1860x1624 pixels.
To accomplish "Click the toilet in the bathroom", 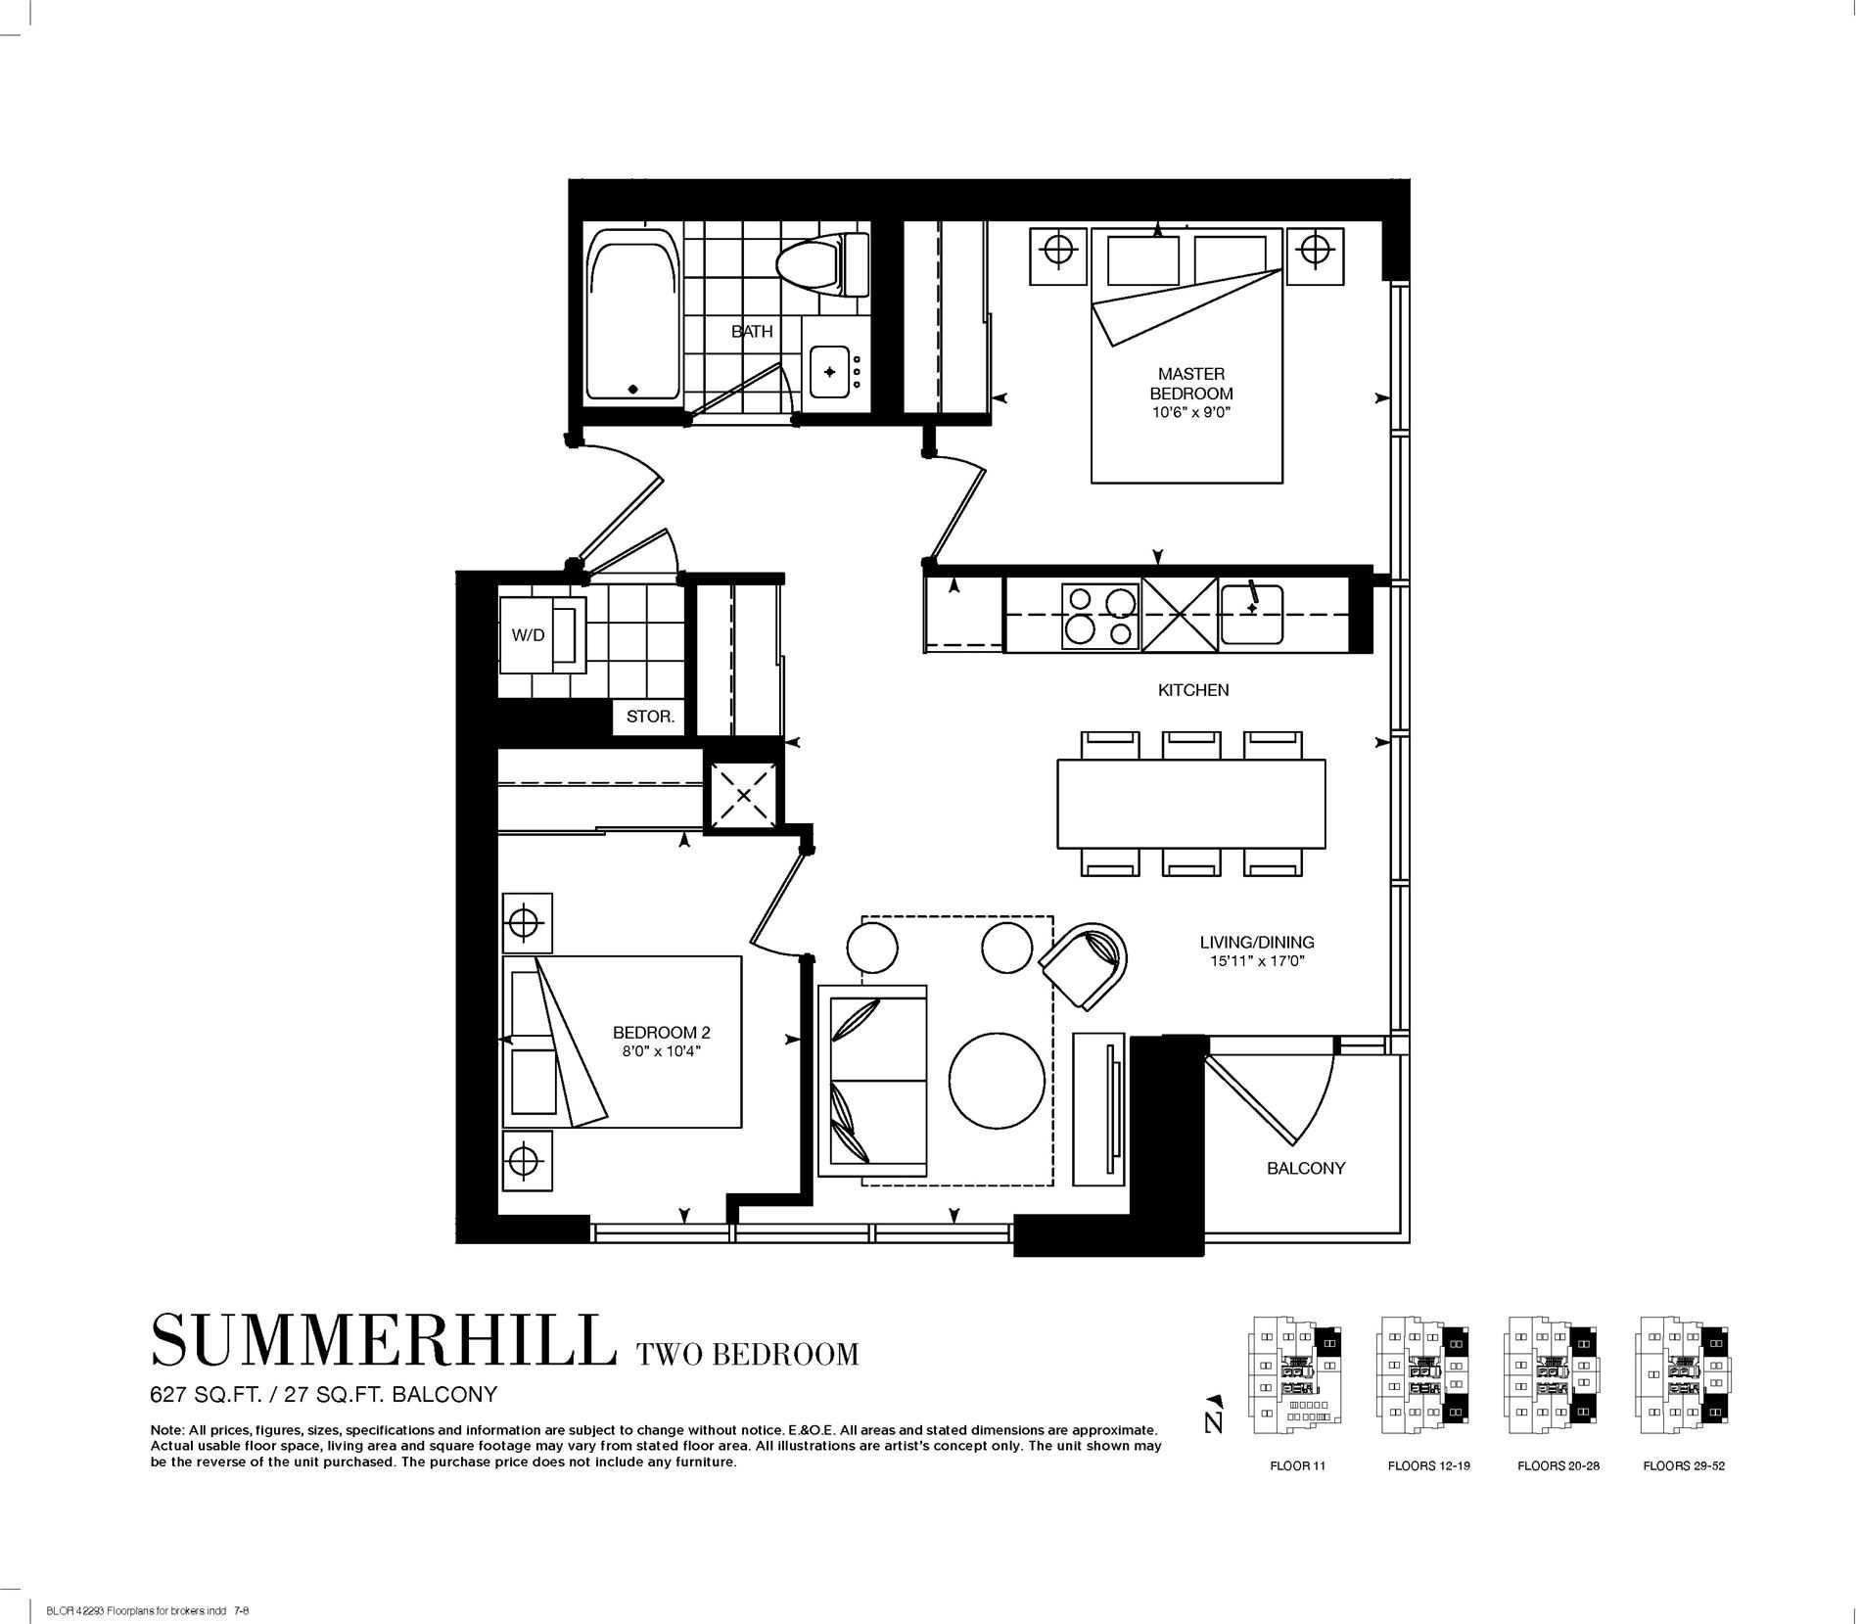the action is point(823,264).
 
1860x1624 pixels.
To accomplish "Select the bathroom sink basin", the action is point(830,372).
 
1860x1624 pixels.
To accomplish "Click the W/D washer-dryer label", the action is point(528,635).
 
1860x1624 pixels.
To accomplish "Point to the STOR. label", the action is point(650,717).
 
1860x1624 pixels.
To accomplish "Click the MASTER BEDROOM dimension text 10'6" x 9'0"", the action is point(1190,413).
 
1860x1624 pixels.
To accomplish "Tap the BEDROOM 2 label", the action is point(661,1033).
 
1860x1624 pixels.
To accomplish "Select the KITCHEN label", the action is point(1193,690).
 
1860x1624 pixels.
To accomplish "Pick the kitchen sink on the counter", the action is point(1251,615).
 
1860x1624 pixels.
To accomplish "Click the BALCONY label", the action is point(1306,1168).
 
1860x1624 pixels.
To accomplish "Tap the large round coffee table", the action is point(997,1082).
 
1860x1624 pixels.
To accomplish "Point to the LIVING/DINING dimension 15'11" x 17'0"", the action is point(1257,961).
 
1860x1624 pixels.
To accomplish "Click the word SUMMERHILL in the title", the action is point(384,1341).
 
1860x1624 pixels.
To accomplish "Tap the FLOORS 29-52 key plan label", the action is point(1684,1493).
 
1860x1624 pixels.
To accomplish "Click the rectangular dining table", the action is point(1190,804).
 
